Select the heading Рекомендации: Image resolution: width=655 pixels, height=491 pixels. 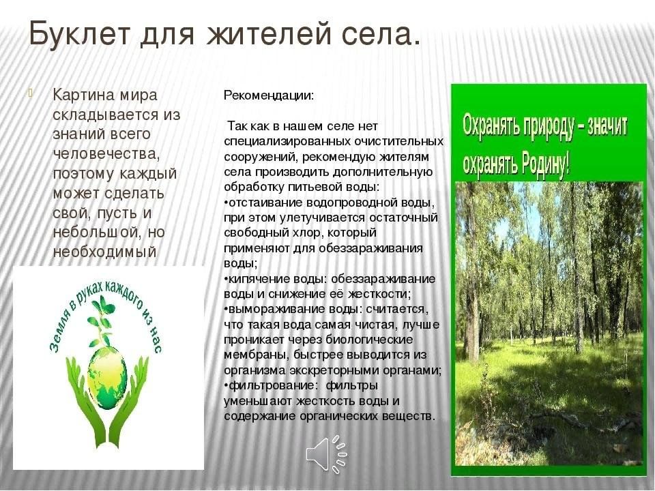coord(269,95)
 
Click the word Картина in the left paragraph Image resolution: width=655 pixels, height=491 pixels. coord(83,95)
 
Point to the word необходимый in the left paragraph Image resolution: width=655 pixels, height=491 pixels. coord(104,252)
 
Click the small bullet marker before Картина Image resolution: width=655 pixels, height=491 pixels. coord(31,93)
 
